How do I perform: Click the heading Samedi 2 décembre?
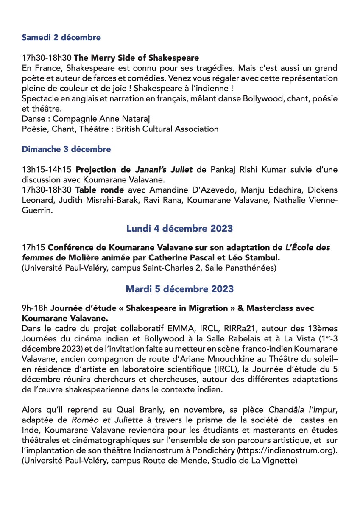point(61,37)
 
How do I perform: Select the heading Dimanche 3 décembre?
point(66,149)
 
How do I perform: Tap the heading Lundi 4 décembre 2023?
point(179,229)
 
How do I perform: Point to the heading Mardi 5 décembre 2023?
point(179,289)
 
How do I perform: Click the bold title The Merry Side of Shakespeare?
point(137,57)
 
